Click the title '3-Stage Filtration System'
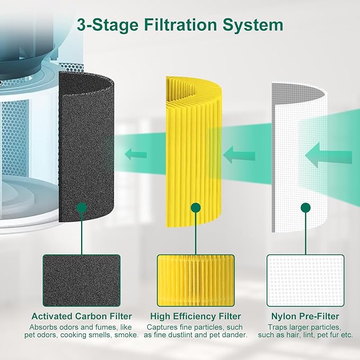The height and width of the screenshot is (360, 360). (180, 25)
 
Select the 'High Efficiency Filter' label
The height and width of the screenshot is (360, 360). (196, 317)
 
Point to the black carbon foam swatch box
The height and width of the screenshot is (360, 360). (81, 280)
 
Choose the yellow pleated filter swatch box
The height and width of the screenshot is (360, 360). (196, 280)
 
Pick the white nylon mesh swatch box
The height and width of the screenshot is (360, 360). (305, 280)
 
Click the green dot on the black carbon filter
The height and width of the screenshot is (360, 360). (81, 207)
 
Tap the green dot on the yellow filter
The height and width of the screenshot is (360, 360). (196, 207)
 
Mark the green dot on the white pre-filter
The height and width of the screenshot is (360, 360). (305, 207)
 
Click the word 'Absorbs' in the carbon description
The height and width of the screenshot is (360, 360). (43, 327)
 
